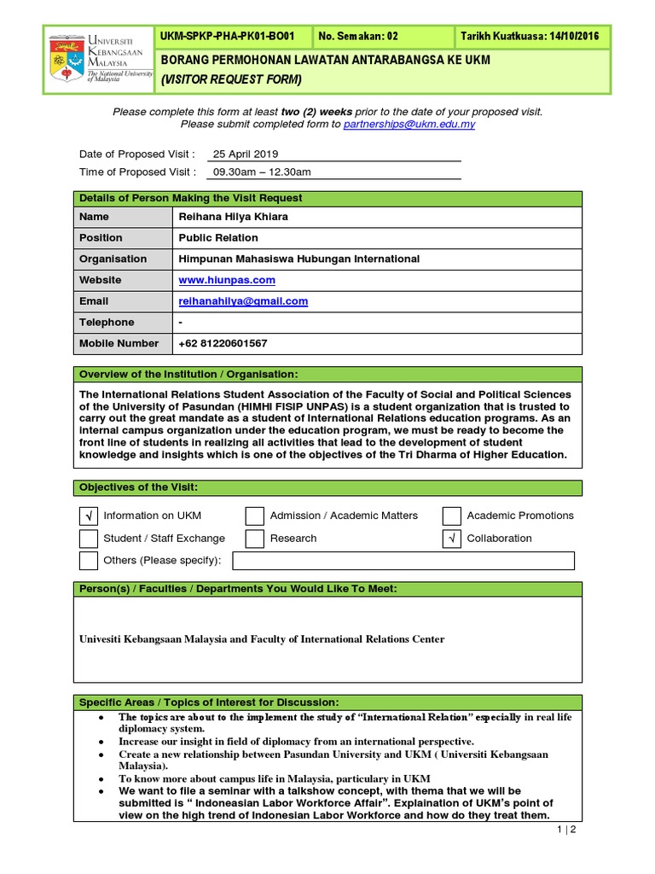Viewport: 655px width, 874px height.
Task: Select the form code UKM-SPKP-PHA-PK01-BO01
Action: tap(227, 37)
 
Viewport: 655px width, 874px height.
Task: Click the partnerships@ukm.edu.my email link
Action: tap(409, 125)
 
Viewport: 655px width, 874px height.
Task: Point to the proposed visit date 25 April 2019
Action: tap(246, 154)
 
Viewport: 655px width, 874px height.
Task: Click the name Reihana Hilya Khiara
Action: tap(233, 217)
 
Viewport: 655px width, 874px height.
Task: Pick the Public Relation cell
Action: tap(218, 238)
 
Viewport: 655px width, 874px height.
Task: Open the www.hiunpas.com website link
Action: tap(227, 280)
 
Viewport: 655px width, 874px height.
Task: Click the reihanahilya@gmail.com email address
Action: tap(243, 301)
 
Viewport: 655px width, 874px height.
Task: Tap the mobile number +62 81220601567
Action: tap(223, 343)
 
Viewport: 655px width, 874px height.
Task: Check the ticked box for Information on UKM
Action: tap(89, 516)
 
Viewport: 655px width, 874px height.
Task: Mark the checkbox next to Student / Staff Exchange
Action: tap(89, 539)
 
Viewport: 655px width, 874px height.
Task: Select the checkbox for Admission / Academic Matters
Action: tap(255, 516)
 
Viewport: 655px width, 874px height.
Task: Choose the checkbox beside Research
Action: tap(255, 539)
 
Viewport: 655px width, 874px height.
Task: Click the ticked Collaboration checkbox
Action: tap(452, 539)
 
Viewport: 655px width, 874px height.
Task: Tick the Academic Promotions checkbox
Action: tap(452, 516)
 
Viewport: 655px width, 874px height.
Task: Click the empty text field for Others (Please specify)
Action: tap(403, 561)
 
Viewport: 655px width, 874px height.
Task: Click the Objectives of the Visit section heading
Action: tap(138, 488)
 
